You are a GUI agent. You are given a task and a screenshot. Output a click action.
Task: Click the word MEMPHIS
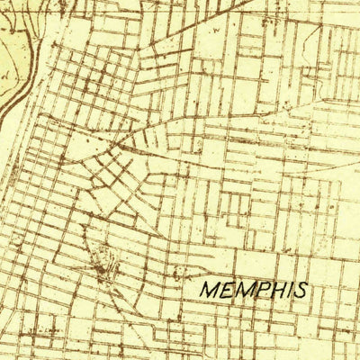point(253,291)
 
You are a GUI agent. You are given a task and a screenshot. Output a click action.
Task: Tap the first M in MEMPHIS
point(209,292)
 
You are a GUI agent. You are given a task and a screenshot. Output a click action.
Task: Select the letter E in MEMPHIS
point(226,292)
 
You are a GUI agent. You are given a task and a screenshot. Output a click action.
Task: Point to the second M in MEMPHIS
point(242,292)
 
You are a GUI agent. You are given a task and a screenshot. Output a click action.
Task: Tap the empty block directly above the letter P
point(261,265)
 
